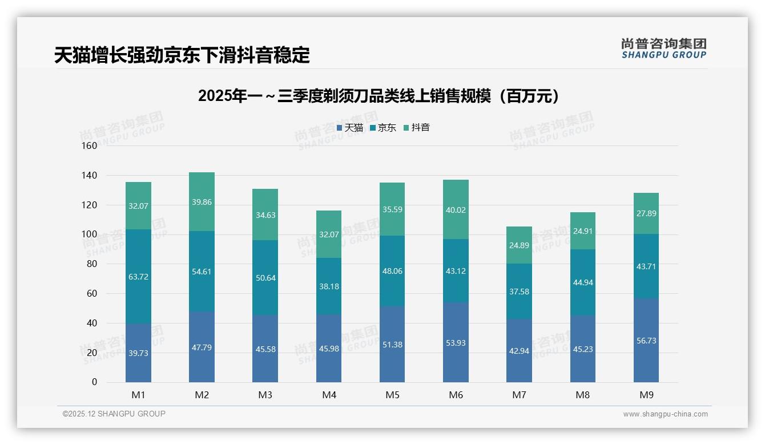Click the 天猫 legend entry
(x=350, y=128)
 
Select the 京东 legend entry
(x=383, y=128)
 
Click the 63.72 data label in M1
(x=138, y=277)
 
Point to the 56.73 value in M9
(x=646, y=341)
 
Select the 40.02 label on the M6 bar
(x=456, y=210)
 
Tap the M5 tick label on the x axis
(x=392, y=395)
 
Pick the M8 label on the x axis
(x=582, y=395)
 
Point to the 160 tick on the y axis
(x=90, y=145)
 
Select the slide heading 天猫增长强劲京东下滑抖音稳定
(x=182, y=55)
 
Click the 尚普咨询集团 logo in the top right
(x=663, y=48)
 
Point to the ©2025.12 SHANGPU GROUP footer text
(x=114, y=414)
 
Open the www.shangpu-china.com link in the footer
(x=665, y=414)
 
